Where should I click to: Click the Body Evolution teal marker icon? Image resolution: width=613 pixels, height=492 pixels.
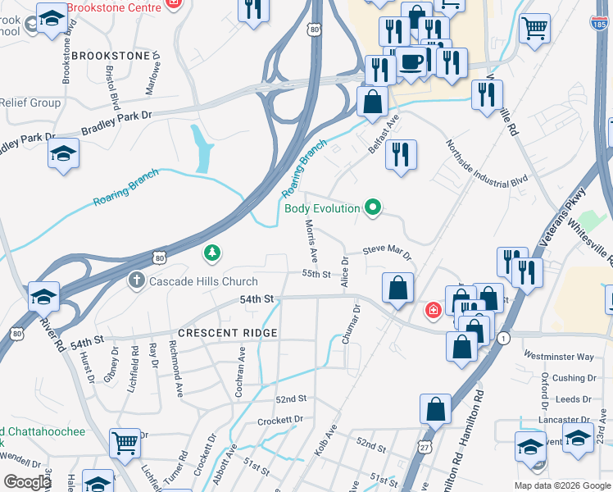pos(374,207)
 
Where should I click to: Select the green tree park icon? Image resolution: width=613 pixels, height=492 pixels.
pos(212,253)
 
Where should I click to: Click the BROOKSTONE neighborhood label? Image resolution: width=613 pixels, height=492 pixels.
pos(111,56)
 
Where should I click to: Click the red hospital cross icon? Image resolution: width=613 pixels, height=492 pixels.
pos(432,311)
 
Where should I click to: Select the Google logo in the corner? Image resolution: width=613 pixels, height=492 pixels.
pos(27,482)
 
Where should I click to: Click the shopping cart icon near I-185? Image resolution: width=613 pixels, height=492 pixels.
pos(534,30)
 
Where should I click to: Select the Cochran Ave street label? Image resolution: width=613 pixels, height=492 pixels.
pos(242,371)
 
